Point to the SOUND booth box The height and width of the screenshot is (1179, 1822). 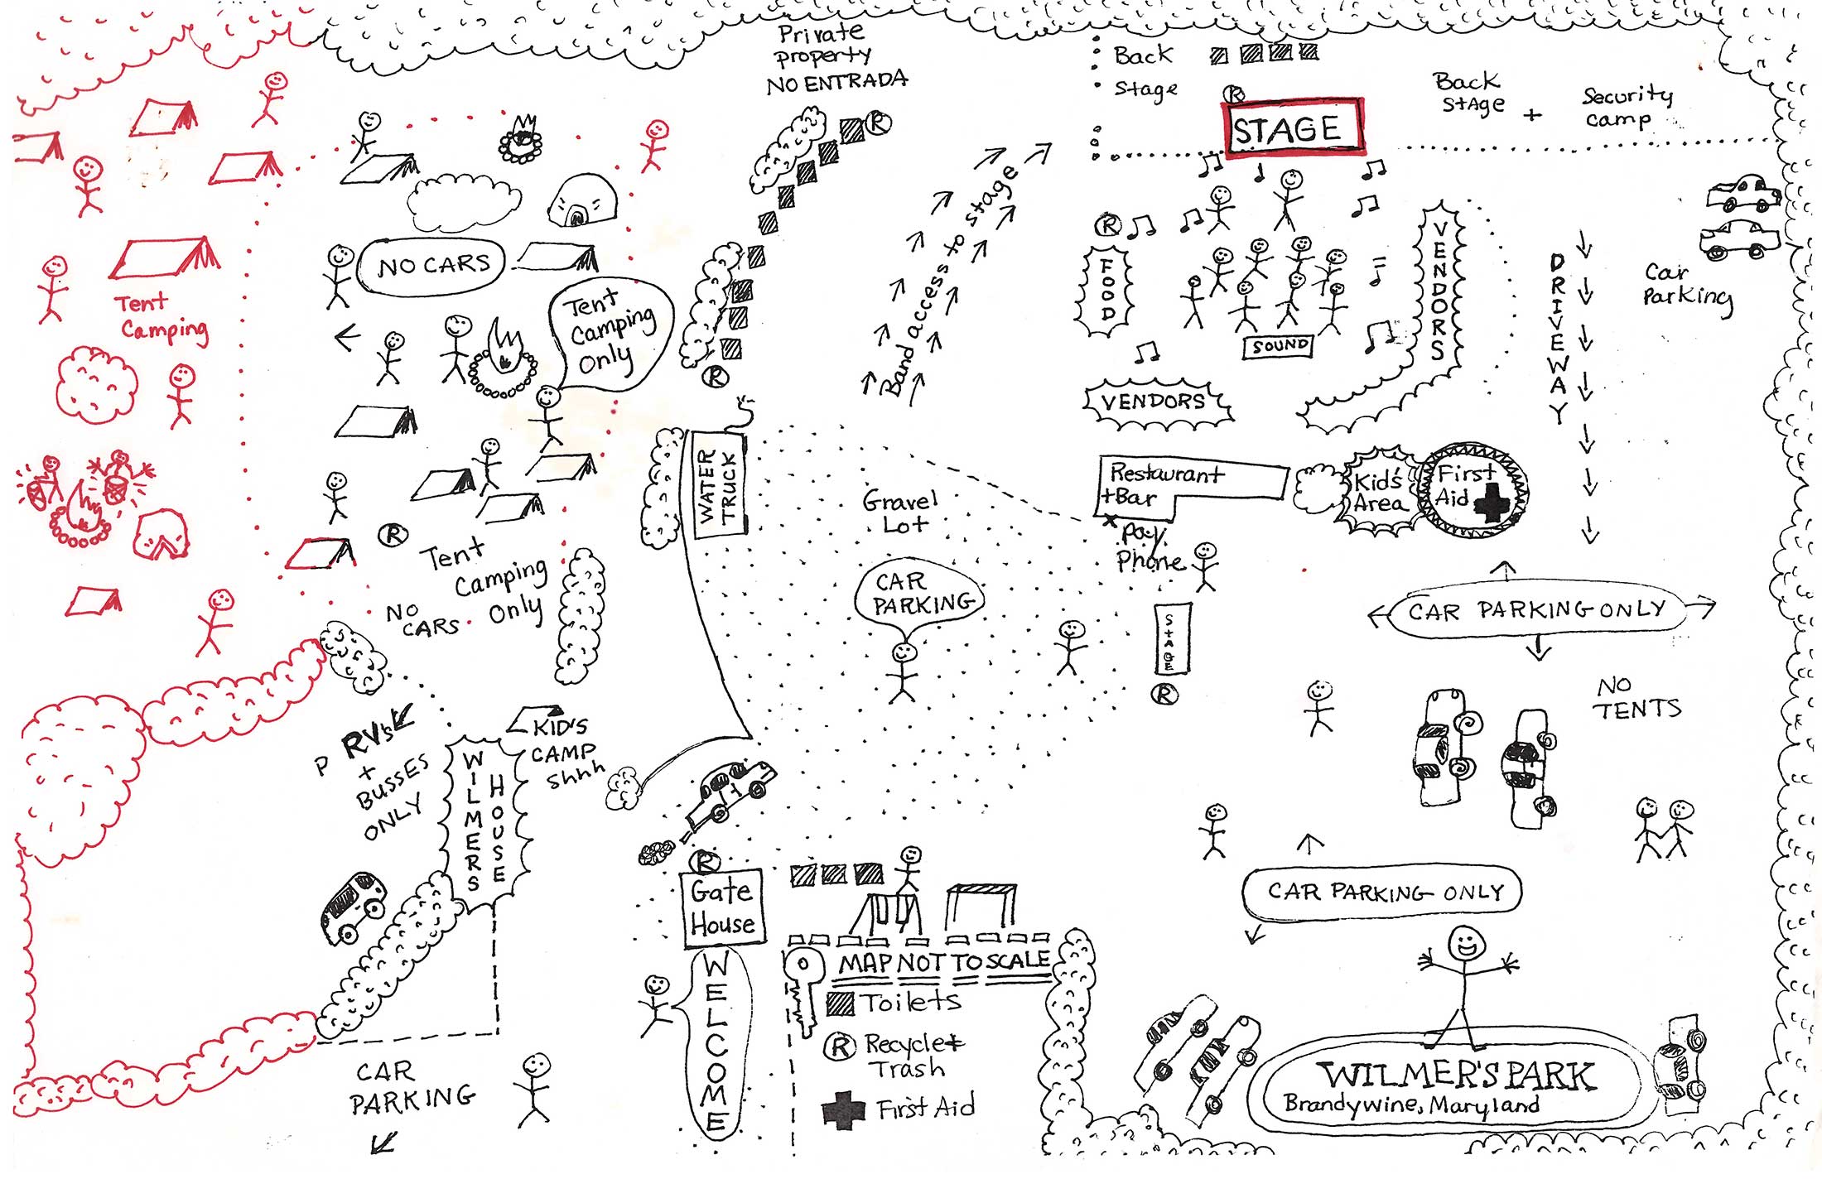pyautogui.click(x=1279, y=346)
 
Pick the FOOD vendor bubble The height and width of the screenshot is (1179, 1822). pyautogui.click(x=1106, y=290)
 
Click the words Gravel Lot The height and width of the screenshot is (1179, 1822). pyautogui.click(x=900, y=512)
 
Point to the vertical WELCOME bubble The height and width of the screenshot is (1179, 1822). pyautogui.click(x=716, y=1043)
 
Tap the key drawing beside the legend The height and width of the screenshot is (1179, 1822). pyautogui.click(x=802, y=989)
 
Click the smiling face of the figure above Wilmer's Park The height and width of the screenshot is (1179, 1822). pyautogui.click(x=1467, y=942)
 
